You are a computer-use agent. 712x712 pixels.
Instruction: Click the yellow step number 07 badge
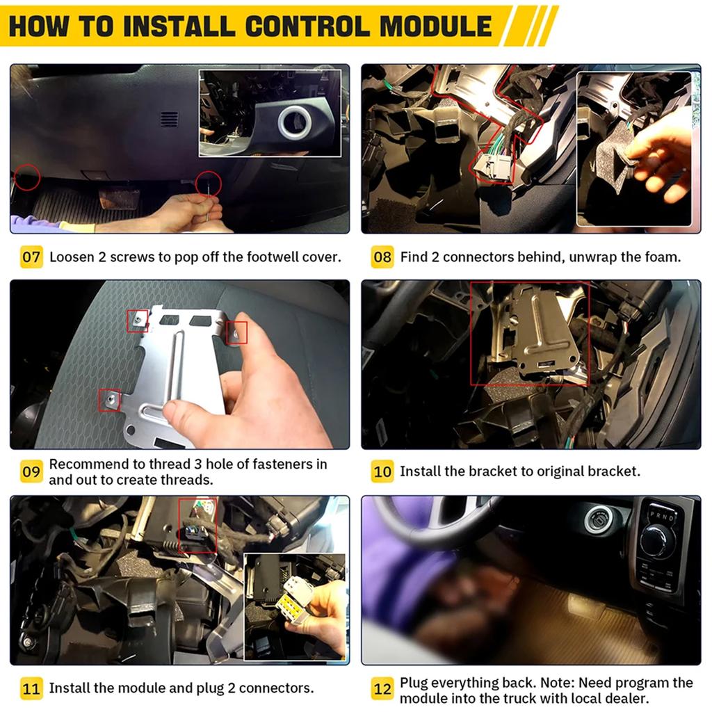[x=31, y=257]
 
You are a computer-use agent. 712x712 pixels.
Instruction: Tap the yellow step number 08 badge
[x=382, y=257]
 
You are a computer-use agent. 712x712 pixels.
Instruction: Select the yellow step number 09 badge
[x=31, y=471]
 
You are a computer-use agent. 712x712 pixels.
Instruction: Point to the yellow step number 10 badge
[x=382, y=471]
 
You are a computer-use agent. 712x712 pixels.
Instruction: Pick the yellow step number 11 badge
[x=31, y=688]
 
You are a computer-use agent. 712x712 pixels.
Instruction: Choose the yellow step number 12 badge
[x=382, y=688]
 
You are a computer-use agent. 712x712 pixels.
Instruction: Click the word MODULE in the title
[x=435, y=26]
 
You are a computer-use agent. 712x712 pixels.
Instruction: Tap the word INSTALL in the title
[x=179, y=26]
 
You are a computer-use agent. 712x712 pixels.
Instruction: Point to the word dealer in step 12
[x=629, y=698]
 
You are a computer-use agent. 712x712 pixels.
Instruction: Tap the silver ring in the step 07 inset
[x=295, y=122]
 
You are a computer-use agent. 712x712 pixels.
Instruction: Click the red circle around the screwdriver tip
[x=209, y=184]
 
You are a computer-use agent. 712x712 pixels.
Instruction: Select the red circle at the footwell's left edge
[x=27, y=177]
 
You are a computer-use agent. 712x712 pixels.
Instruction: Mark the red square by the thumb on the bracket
[x=236, y=333]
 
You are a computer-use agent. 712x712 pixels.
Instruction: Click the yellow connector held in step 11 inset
[x=291, y=607]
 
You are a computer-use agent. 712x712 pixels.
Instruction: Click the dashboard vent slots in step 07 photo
[x=169, y=120]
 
